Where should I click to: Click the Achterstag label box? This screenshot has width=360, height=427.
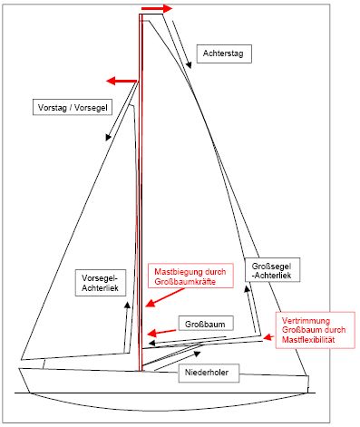pos(224,53)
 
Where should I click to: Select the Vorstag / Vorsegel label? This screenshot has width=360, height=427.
pos(73,107)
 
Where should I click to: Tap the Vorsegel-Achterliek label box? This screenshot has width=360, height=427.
pos(101,283)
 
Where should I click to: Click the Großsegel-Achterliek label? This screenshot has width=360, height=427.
pos(272,270)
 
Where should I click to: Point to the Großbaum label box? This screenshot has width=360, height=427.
pos(206,324)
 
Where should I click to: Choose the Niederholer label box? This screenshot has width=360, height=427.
pos(209,373)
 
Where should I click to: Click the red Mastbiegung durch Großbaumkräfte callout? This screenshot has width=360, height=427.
pos(190,276)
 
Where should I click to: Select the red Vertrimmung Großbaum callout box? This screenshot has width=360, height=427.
pos(315,330)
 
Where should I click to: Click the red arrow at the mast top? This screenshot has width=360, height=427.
pos(157,8)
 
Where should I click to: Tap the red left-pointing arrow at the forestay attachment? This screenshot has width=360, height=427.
pos(122,81)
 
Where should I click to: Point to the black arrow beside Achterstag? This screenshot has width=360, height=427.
pos(182,44)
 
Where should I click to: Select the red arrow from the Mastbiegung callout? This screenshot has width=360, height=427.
pos(165,298)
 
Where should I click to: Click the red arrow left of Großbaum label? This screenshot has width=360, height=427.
pos(161,332)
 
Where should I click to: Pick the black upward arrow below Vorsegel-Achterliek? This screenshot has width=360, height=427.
pos(127,326)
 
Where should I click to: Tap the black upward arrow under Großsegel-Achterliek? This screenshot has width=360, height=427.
pos(251,308)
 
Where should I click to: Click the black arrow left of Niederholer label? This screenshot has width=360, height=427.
pos(177,361)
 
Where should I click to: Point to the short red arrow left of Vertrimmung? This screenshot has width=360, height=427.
pos(268,337)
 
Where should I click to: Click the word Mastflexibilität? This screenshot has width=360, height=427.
pos(308,339)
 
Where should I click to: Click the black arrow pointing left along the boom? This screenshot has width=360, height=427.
pos(188,340)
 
